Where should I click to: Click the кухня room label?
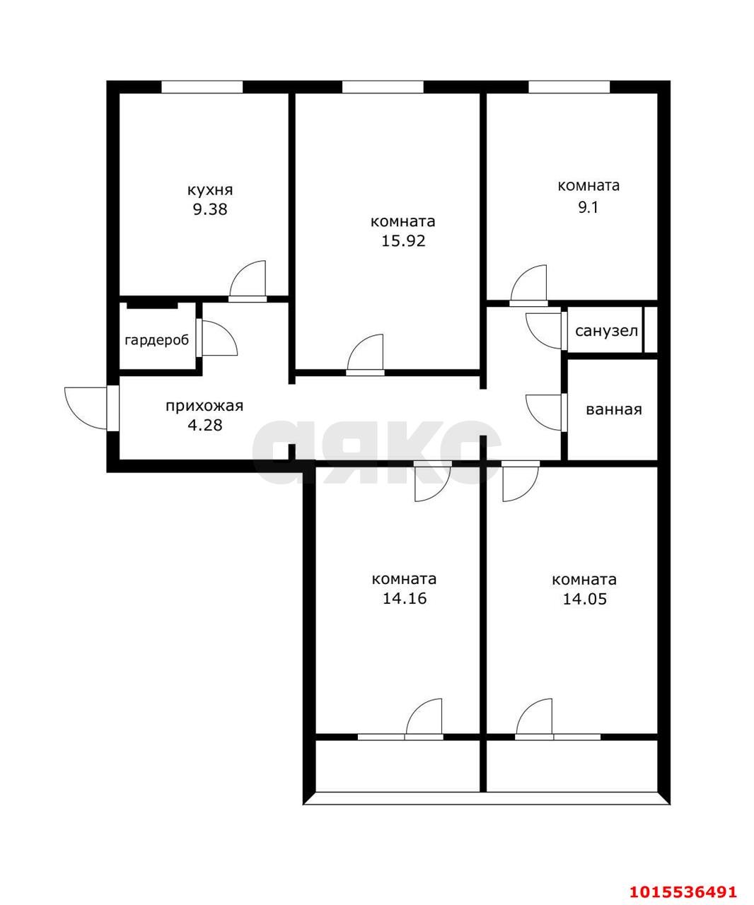(210, 190)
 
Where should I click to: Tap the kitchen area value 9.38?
(210, 209)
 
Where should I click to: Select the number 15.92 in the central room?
(402, 240)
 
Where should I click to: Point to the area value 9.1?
(588, 208)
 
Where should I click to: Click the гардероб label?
(156, 340)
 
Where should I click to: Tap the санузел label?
(606, 331)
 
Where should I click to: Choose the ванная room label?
(613, 409)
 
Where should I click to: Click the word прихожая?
(204, 406)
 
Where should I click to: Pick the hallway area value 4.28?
(204, 425)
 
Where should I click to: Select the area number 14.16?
(404, 599)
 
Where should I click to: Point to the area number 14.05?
(584, 599)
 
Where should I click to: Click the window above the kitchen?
(202, 87)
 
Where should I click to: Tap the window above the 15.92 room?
(383, 87)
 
